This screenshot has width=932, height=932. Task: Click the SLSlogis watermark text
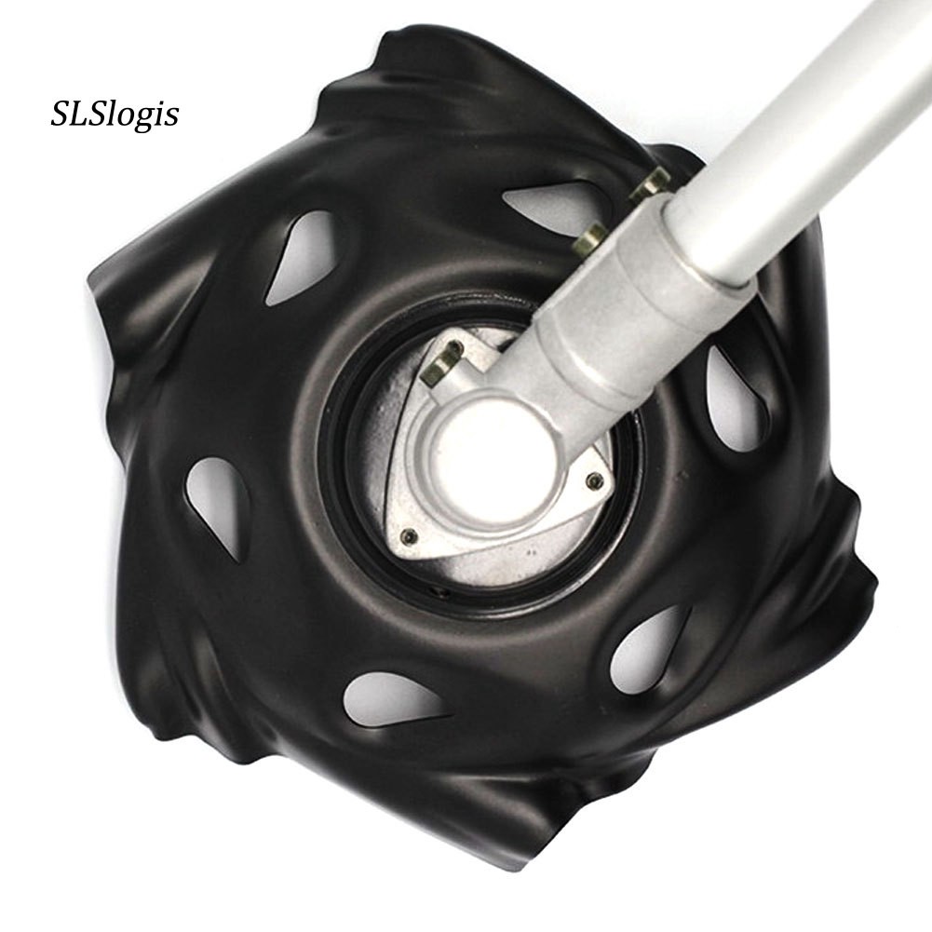pyautogui.click(x=115, y=115)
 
